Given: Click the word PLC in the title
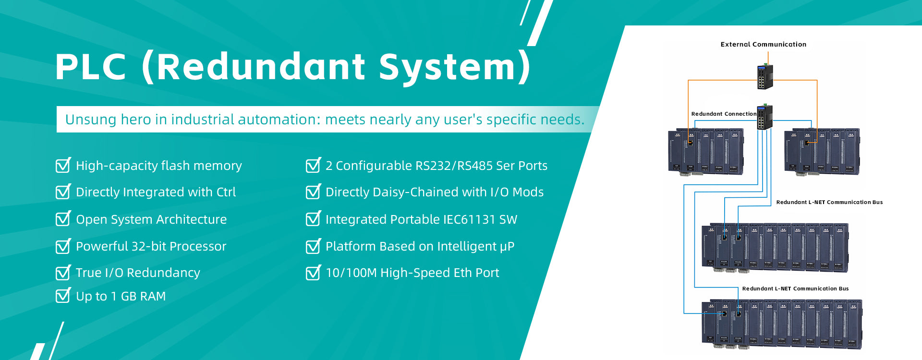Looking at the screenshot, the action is pos(91,66).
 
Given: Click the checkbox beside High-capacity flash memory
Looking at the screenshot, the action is pos(63,165).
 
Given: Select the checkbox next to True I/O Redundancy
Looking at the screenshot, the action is pos(63,272).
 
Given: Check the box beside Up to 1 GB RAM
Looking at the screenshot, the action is pos(63,295).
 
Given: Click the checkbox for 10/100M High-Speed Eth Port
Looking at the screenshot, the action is pos(314,272).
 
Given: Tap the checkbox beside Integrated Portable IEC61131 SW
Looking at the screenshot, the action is pos(314,218).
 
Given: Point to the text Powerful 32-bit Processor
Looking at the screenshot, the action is pos(151,246).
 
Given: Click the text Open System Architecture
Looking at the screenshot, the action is pos(151,219).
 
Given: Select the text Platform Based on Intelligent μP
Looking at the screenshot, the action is pos(420,246).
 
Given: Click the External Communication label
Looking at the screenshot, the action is pos(763,44).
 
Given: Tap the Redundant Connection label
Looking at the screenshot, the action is pos(724,114).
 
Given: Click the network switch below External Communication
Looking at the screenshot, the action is pos(765,76).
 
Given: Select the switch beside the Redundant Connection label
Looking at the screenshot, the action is pos(765,117).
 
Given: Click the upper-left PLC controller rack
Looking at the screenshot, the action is pos(706,152).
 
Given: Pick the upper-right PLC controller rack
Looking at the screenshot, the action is pos(822,152).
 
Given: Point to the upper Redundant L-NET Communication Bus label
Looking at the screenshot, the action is pos(829,202).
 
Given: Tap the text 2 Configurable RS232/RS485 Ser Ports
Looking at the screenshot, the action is pos(437,166).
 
